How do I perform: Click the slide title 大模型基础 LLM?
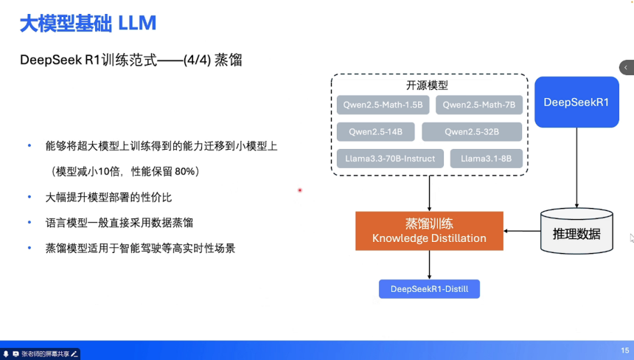click(88, 23)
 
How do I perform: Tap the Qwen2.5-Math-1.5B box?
click(383, 105)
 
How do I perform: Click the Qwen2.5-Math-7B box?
click(479, 105)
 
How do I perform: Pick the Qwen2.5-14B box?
click(376, 132)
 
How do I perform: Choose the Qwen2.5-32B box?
click(472, 132)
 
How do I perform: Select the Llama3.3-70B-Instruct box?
click(390, 159)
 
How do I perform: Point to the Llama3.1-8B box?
click(486, 159)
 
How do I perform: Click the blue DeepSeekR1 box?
click(576, 103)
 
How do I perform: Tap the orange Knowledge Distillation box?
click(429, 230)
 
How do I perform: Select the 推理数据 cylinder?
click(576, 232)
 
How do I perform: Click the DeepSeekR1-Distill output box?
click(429, 288)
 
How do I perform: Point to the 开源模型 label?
click(427, 85)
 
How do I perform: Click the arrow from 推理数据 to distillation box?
click(522, 231)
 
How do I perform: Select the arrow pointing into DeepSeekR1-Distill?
click(429, 264)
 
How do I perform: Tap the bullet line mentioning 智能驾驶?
click(140, 248)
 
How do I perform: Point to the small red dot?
click(300, 190)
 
